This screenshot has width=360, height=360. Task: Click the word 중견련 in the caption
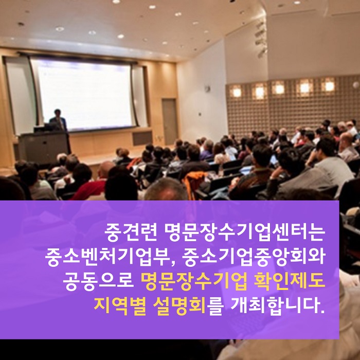tap(131, 232)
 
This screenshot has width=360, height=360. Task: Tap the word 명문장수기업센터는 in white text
tap(245, 232)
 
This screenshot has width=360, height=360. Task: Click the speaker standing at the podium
tap(58, 120)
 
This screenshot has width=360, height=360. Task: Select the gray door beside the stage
tap(170, 122)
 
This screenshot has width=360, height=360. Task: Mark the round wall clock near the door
tap(208, 88)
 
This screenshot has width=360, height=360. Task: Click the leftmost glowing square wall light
tap(236, 92)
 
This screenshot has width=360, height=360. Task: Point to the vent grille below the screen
tap(142, 138)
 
